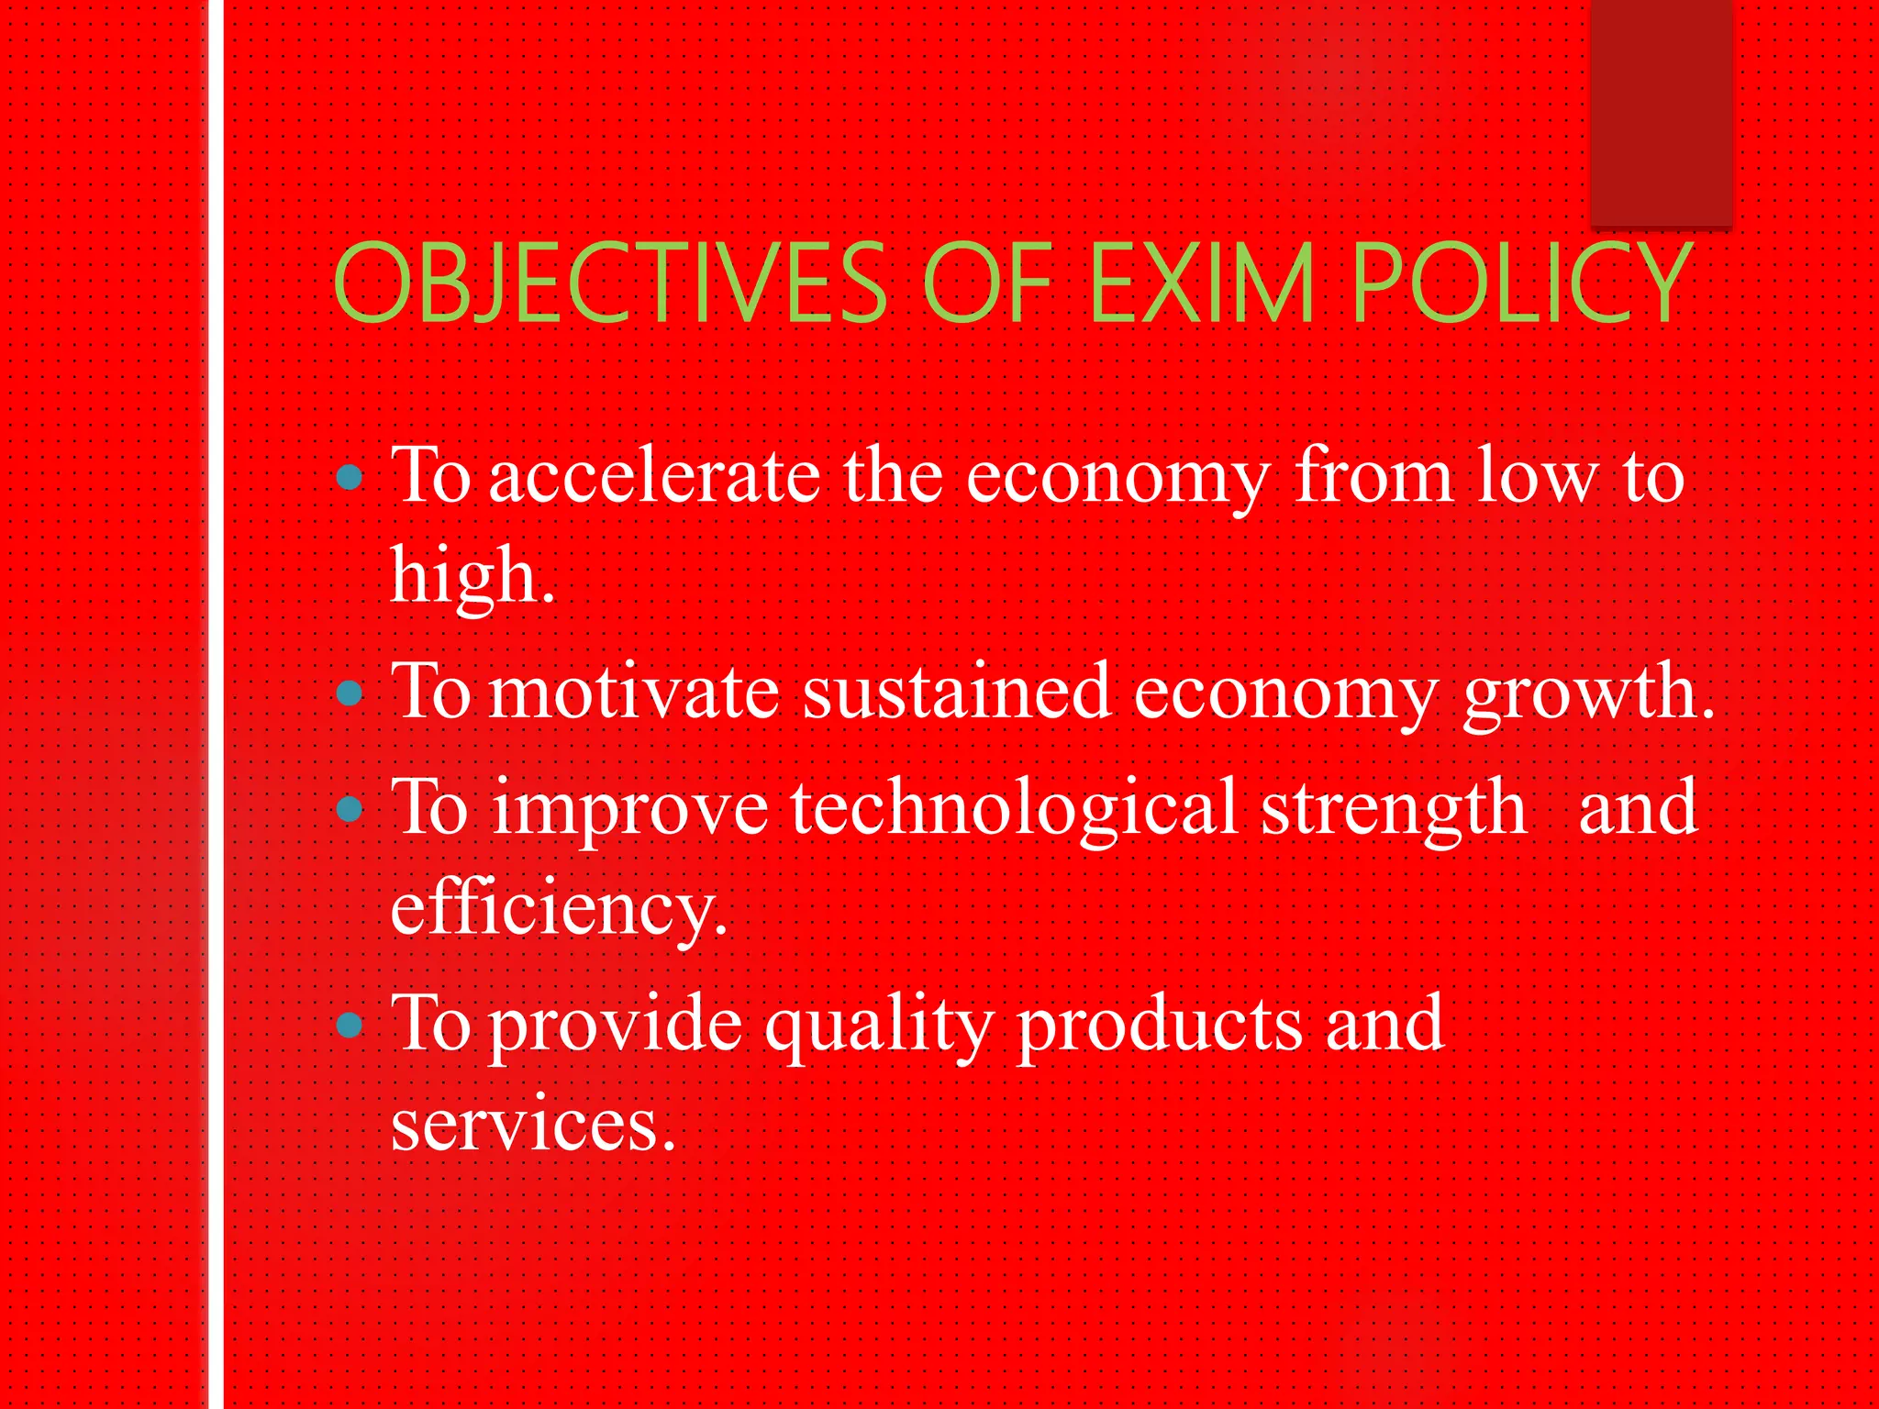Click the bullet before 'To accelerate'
(350, 477)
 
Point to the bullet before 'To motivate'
(350, 693)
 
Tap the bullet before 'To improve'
(350, 808)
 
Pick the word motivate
(634, 693)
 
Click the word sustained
(957, 693)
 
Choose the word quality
(879, 1026)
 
